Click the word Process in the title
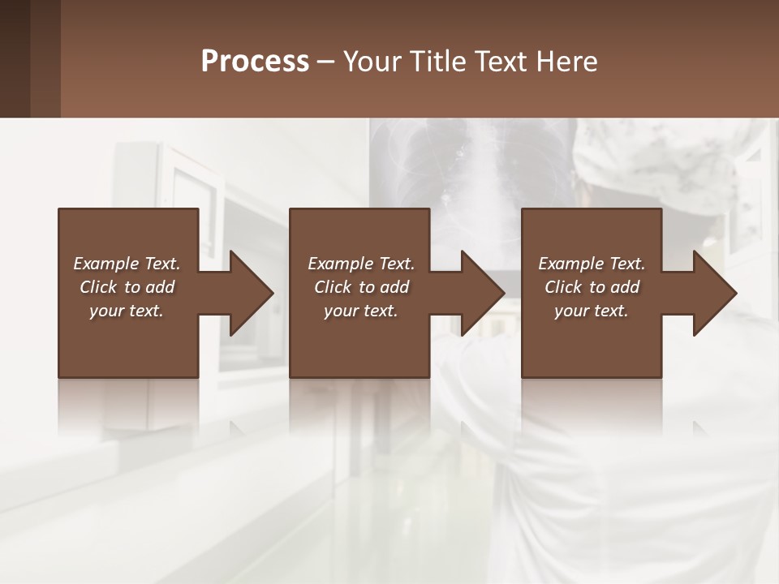[255, 61]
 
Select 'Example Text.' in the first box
[127, 264]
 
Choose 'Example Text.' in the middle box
[361, 264]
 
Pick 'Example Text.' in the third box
[592, 264]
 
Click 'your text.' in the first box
[127, 311]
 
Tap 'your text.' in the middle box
[361, 311]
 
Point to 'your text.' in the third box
[592, 311]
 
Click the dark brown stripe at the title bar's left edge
[15, 58]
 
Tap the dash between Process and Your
[325, 62]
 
